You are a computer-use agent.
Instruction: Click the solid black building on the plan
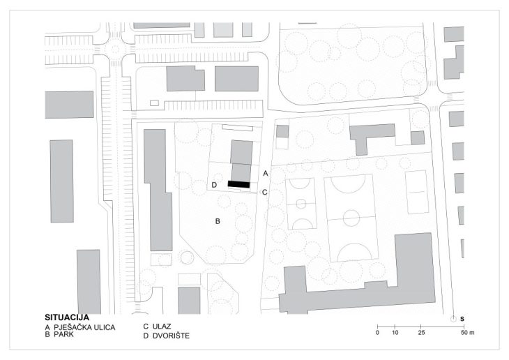(238, 184)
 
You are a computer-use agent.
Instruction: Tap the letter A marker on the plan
(265, 172)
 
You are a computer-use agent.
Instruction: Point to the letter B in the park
(218, 221)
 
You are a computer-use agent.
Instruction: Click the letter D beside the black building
(215, 185)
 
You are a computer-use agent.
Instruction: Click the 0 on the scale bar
(377, 333)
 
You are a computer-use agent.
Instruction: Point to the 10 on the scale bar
(395, 333)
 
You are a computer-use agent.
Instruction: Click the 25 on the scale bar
(420, 333)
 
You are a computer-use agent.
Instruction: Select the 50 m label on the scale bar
(466, 333)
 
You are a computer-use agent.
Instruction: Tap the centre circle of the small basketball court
(301, 204)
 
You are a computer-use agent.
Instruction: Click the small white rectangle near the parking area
(154, 103)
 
